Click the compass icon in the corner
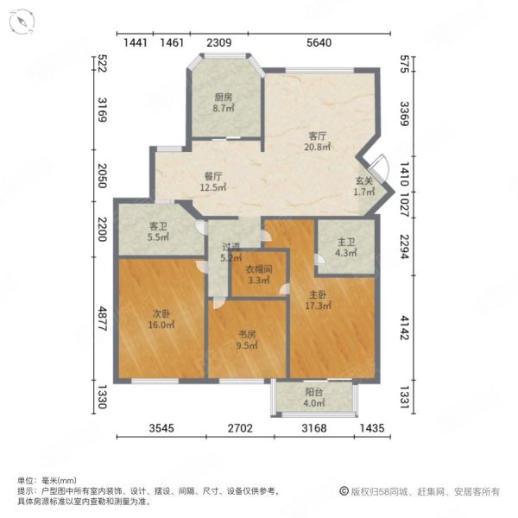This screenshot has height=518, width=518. [22, 21]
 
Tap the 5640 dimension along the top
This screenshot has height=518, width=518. [319, 43]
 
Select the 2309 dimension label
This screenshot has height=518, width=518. [218, 43]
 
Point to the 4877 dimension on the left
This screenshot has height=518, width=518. [103, 319]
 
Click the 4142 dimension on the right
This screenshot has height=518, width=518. [405, 328]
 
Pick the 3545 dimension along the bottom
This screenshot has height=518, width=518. [161, 428]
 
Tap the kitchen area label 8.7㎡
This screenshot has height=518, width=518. [224, 108]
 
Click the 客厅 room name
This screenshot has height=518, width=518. [318, 136]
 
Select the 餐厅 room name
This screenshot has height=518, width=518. [213, 176]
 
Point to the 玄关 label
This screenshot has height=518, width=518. [364, 180]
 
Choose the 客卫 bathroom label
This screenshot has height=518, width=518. [158, 226]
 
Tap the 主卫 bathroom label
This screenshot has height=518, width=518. [346, 243]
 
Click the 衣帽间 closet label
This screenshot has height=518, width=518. [259, 269]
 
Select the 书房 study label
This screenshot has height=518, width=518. [247, 335]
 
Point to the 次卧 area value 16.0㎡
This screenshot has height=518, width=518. [161, 325]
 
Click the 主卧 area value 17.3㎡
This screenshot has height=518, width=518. [318, 306]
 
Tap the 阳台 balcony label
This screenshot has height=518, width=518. [314, 392]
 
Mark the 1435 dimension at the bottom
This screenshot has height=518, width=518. [372, 428]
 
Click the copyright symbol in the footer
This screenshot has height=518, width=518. [344, 491]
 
